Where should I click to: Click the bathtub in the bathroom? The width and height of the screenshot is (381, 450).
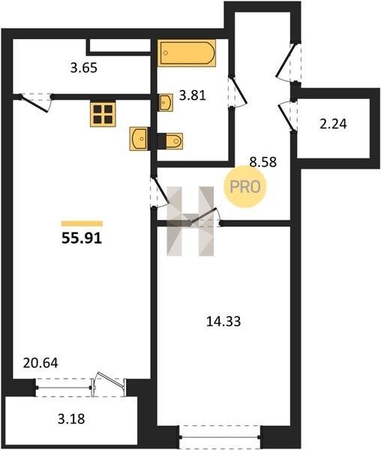(x=187, y=53)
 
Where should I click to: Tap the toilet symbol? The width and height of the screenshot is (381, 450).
(x=170, y=141)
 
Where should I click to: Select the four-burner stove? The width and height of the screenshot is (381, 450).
(x=103, y=114)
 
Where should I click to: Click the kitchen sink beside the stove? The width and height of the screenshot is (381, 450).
(x=139, y=139)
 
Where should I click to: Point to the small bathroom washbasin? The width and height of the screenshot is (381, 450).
(x=166, y=102)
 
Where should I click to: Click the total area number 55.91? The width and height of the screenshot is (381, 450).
(x=82, y=238)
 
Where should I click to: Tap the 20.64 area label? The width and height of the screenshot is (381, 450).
(x=40, y=363)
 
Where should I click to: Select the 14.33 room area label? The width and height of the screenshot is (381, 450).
(x=223, y=322)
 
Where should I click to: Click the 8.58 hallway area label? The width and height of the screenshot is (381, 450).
(x=263, y=162)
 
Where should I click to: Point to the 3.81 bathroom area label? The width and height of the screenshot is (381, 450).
(x=193, y=95)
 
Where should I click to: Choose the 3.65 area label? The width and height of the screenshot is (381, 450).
(x=84, y=68)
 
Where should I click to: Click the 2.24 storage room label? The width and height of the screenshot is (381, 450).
(x=333, y=124)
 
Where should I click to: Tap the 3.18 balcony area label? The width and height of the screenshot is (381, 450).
(x=71, y=419)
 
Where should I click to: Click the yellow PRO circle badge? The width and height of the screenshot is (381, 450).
(x=245, y=187)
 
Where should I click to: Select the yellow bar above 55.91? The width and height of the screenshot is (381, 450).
(x=82, y=223)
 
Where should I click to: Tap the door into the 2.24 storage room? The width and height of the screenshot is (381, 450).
(x=287, y=116)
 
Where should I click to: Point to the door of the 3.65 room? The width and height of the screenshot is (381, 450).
(x=36, y=103)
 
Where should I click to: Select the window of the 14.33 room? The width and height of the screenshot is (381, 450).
(x=220, y=436)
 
